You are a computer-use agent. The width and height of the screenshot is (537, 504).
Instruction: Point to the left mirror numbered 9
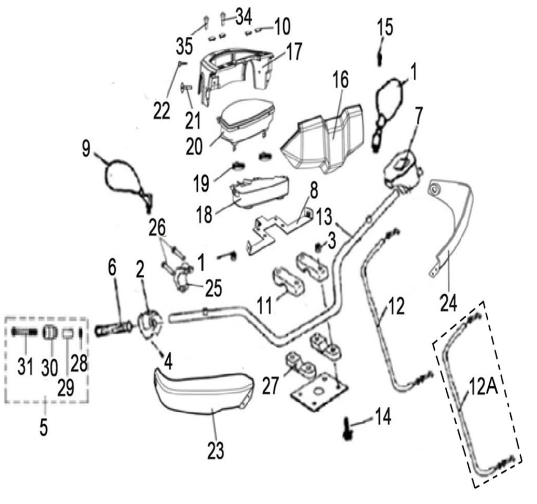coord(124,177)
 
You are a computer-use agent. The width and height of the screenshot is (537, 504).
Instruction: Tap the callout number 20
coord(197,147)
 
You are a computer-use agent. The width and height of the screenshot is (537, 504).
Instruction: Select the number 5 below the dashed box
coord(44,426)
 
